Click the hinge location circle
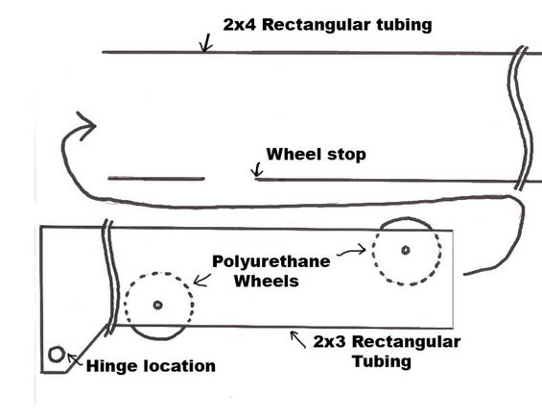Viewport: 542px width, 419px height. pos(57,355)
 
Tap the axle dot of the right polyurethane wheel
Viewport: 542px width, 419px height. pos(406,250)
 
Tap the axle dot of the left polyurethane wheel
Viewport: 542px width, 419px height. pos(158,305)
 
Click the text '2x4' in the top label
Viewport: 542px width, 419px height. pos(240,25)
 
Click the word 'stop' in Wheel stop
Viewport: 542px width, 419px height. pos(346,155)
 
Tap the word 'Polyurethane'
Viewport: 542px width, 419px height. pos(271,261)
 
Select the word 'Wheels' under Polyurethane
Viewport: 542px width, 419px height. pos(266,281)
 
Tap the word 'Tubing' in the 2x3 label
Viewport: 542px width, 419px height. pos(382,362)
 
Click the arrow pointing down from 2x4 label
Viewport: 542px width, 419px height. pos(206,43)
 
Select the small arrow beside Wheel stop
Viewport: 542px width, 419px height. pos(257,170)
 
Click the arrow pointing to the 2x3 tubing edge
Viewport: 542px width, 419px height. pos(297,339)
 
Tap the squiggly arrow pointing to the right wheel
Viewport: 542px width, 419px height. pos(351,251)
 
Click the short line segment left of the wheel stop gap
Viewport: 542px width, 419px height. pos(156,179)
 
